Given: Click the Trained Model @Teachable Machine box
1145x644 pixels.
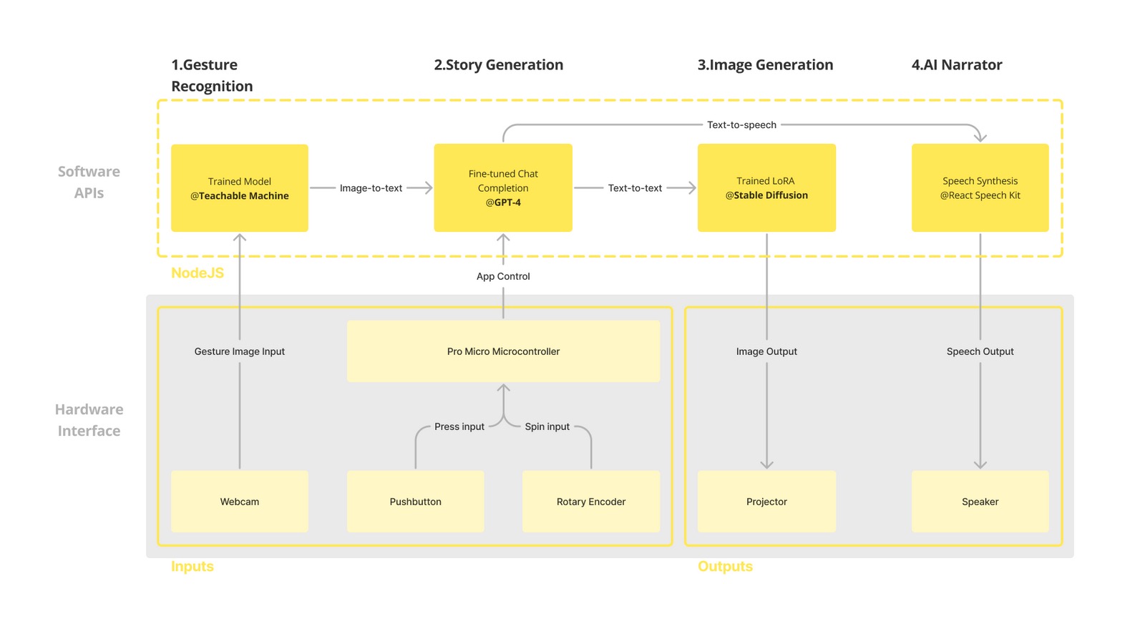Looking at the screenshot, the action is pyautogui.click(x=239, y=188).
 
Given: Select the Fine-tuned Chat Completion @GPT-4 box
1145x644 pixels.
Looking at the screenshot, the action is pyautogui.click(x=503, y=188).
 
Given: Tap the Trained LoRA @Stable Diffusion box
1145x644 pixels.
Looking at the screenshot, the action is pyautogui.click(x=766, y=188).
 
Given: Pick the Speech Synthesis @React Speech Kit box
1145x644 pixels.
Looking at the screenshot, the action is pyautogui.click(x=980, y=188).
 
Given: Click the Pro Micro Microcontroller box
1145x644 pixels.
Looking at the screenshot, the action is pyautogui.click(x=503, y=351).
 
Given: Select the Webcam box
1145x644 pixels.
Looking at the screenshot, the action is pyautogui.click(x=239, y=502).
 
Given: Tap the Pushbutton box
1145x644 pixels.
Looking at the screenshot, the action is pyautogui.click(x=415, y=502).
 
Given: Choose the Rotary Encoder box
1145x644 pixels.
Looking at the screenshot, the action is pyautogui.click(x=591, y=502).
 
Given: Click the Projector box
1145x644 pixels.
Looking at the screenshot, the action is pyautogui.click(x=766, y=502).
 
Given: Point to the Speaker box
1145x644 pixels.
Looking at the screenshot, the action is pyautogui.click(x=980, y=502).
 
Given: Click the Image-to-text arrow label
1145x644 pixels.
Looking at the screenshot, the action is pyautogui.click(x=371, y=188).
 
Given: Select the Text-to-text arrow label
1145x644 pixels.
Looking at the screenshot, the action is pyautogui.click(x=635, y=188).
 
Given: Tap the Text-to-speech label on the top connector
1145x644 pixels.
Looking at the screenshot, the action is pyautogui.click(x=741, y=125).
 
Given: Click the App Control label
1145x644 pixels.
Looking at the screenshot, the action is pyautogui.click(x=503, y=276).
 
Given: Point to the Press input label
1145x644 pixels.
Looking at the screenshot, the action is pyautogui.click(x=459, y=426).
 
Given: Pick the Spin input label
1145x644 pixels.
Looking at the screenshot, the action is pyautogui.click(x=547, y=426).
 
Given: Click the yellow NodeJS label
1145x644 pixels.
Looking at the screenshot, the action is pyautogui.click(x=198, y=273).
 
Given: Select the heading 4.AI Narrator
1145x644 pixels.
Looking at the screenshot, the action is pyautogui.click(x=957, y=65).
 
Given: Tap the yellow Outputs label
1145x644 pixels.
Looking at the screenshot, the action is pyautogui.click(x=725, y=566).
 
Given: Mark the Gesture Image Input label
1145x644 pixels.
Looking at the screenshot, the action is pyautogui.click(x=239, y=351).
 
